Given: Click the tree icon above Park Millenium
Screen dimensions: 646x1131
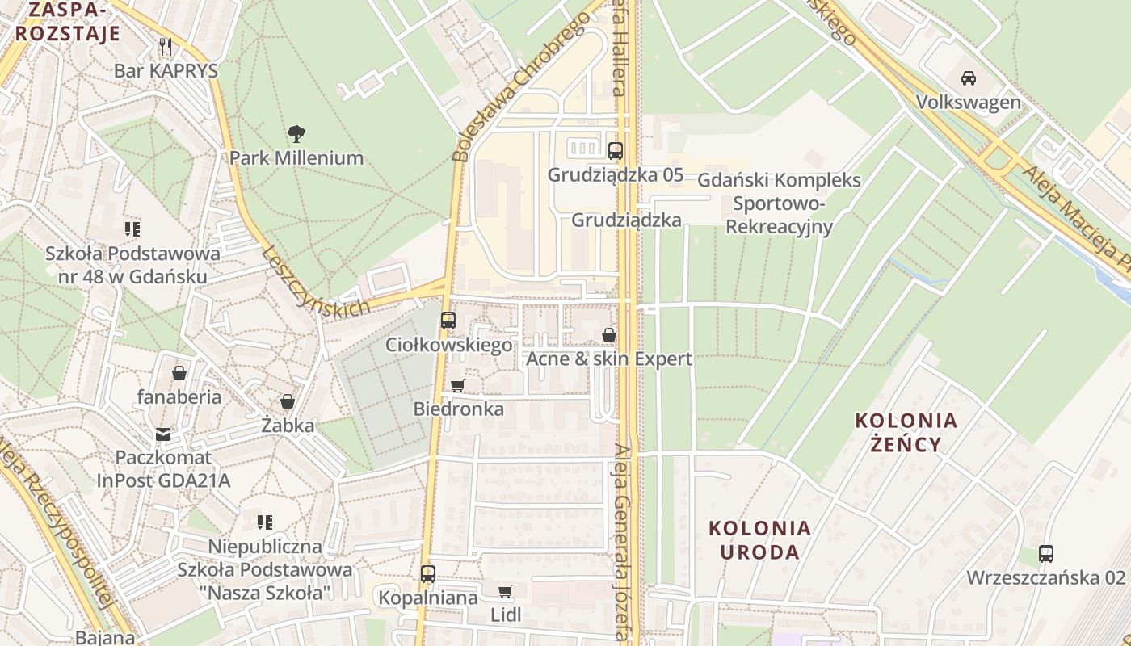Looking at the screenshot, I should click(296, 133).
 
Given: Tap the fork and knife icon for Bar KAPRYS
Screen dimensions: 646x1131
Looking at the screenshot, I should click(166, 46).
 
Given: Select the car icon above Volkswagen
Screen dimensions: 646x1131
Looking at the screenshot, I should click(968, 78).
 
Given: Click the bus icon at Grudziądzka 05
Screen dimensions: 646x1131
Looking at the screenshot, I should click(616, 150).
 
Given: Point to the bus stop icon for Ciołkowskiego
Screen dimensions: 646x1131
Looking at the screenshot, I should click(448, 321).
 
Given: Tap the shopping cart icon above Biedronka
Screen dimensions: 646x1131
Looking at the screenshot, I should click(458, 385).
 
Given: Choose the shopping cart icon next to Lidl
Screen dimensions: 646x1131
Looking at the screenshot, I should click(506, 592).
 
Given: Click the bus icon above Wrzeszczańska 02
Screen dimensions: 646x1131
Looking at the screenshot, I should click(1046, 554).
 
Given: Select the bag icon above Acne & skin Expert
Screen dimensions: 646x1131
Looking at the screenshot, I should click(609, 334).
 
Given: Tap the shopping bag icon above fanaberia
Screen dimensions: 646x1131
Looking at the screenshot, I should click(179, 373).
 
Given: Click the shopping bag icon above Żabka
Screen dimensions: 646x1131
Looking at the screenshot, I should click(288, 401).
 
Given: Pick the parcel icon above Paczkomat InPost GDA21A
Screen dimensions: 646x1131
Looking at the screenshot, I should click(164, 435).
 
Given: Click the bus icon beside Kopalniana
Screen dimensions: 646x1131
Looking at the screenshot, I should click(428, 574).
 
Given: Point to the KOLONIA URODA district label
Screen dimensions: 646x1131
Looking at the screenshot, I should click(759, 540).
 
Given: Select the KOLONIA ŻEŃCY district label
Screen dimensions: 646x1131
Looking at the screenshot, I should click(906, 432).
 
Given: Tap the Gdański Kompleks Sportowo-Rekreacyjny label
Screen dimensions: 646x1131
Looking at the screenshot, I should click(779, 203).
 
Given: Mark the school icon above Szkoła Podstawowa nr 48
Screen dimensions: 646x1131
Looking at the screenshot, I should click(132, 230).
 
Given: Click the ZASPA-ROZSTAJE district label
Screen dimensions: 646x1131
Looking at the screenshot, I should click(68, 22).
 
